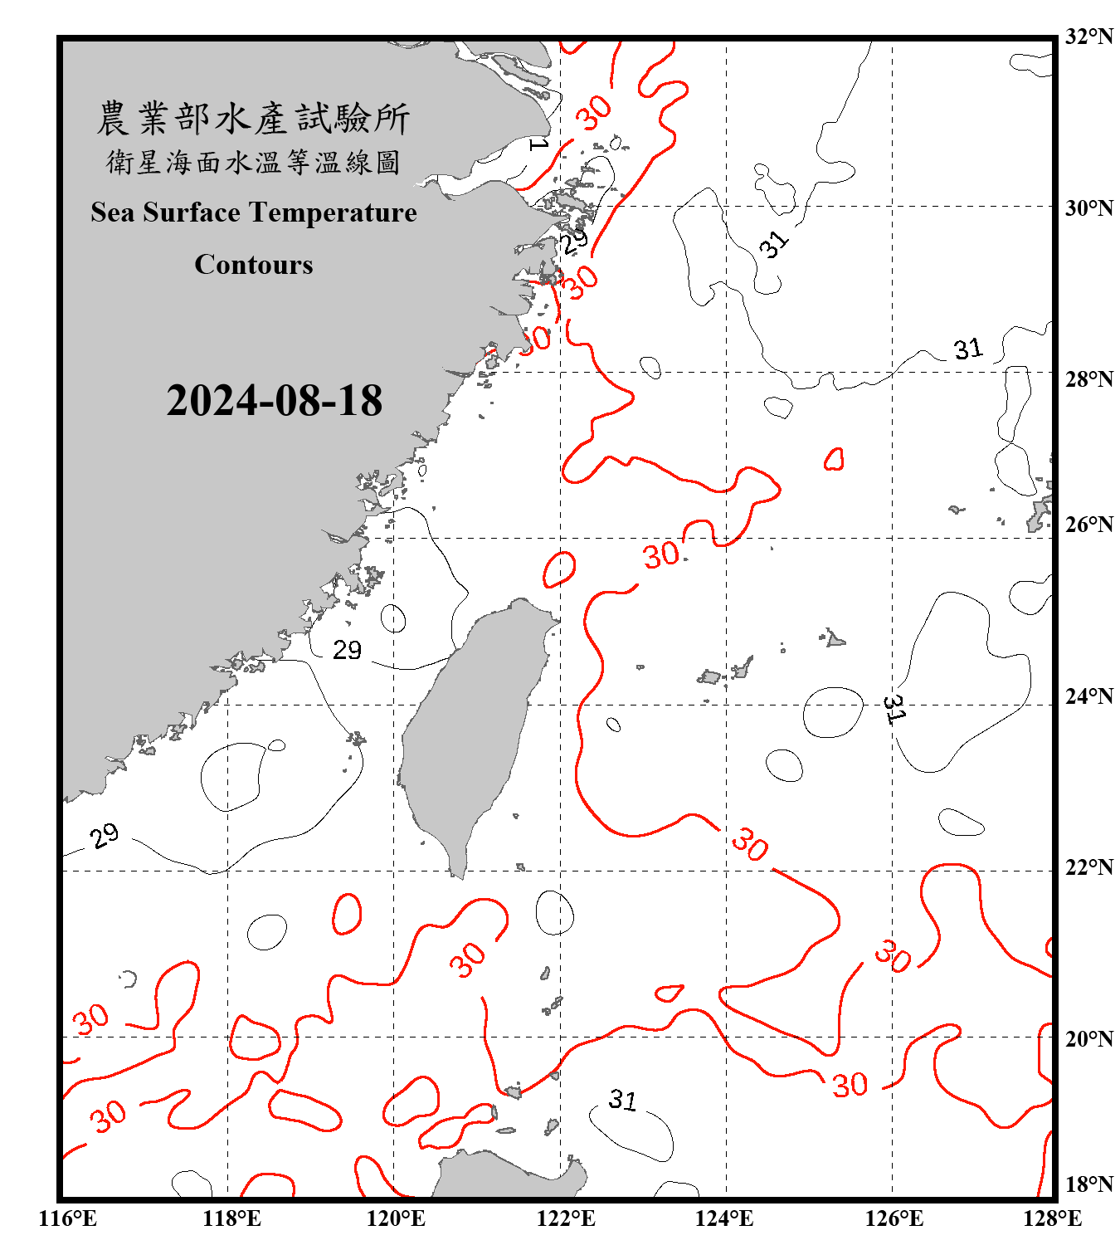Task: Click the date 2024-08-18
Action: click(274, 401)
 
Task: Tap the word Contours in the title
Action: click(254, 265)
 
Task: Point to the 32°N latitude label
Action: click(1088, 37)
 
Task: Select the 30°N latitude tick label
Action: click(1088, 207)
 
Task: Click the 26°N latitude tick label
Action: click(1088, 525)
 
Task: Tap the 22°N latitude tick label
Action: click(1088, 867)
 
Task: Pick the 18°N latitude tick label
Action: click(1088, 1184)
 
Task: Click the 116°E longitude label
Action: click(68, 1218)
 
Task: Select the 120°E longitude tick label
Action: click(396, 1218)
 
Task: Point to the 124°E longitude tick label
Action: click(724, 1218)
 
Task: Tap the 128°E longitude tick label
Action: click(1052, 1218)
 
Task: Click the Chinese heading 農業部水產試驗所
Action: click(253, 119)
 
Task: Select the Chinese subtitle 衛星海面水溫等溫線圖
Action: click(253, 163)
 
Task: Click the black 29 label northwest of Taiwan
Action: click(347, 650)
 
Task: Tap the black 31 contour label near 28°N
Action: click(967, 349)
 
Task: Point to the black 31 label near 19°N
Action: click(622, 1100)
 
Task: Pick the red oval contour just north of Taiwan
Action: click(560, 569)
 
